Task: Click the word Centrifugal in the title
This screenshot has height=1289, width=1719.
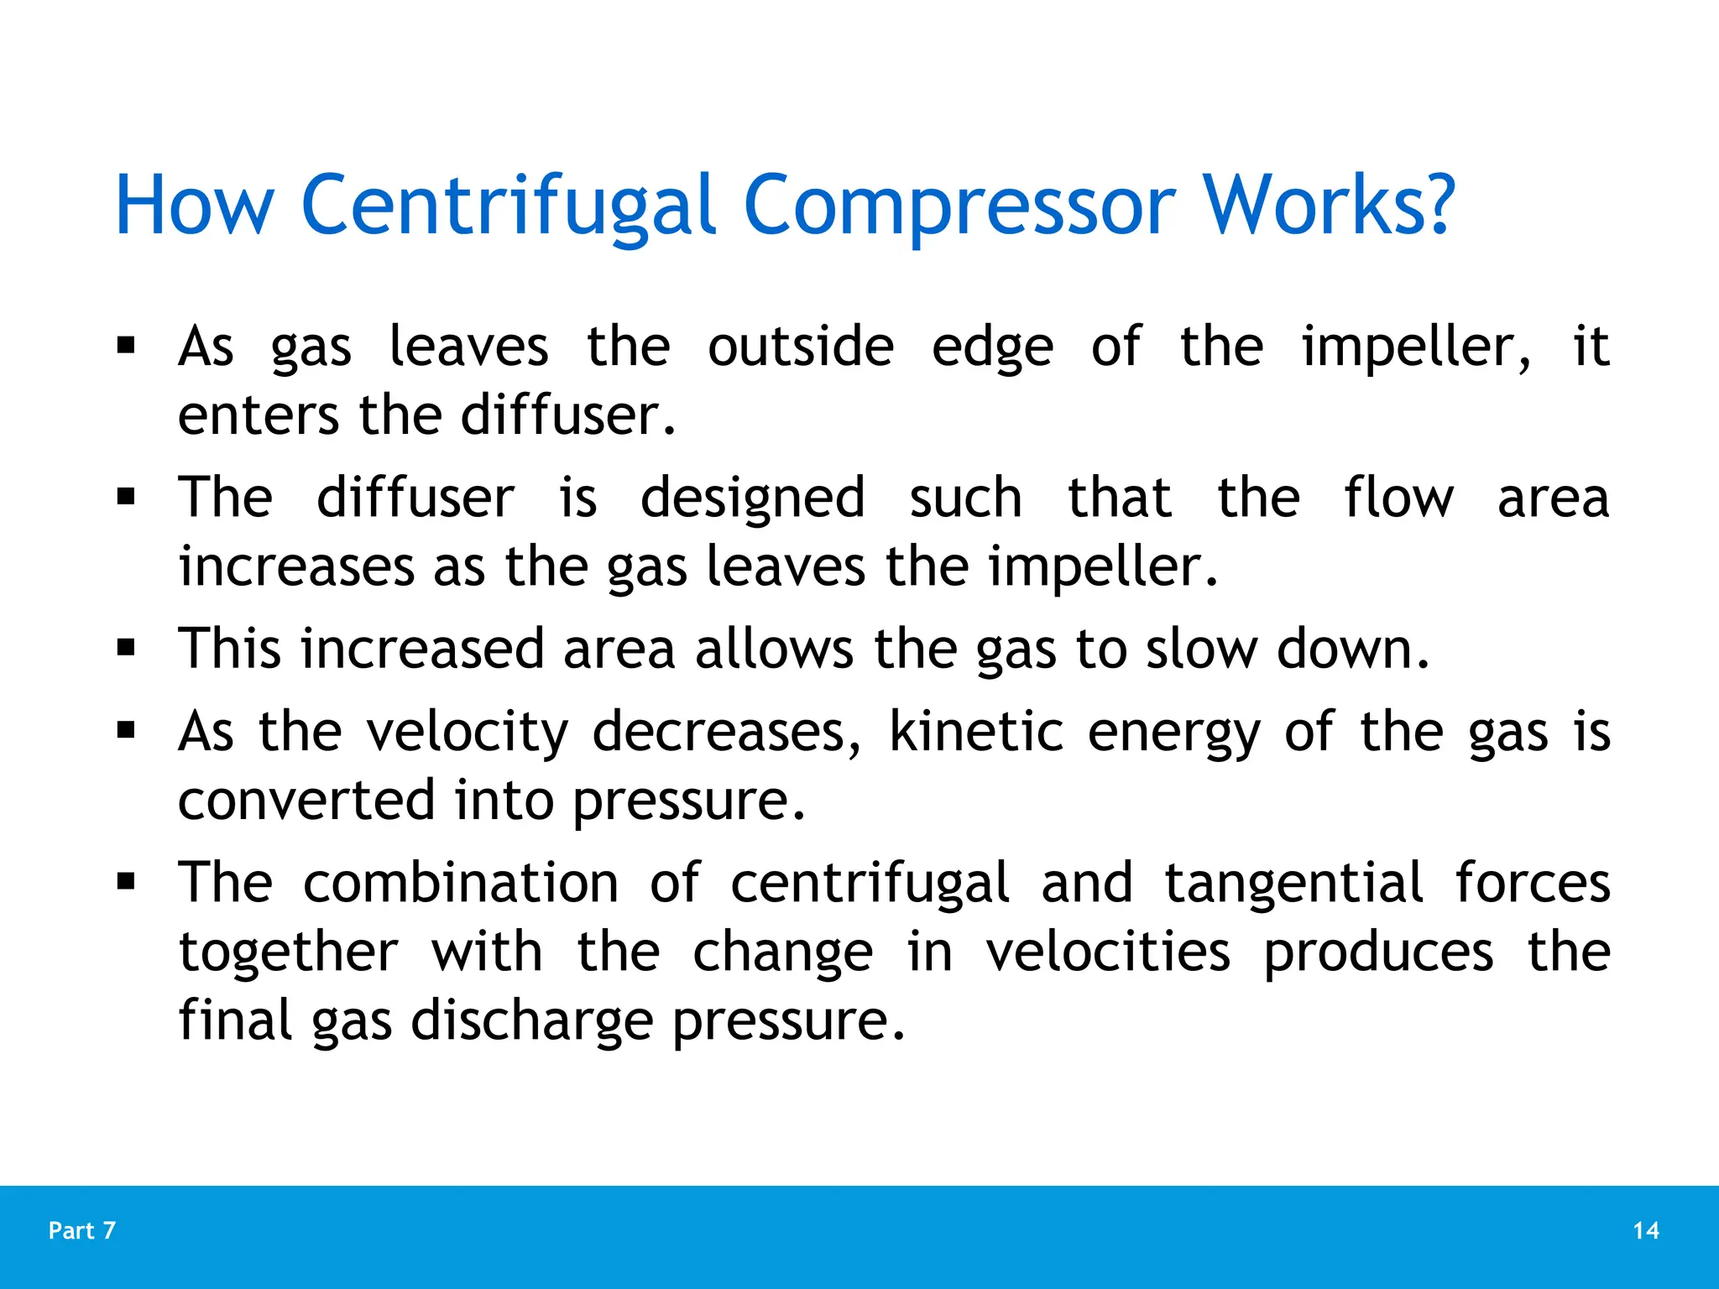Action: (x=508, y=206)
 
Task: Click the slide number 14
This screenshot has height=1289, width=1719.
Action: (x=1646, y=1230)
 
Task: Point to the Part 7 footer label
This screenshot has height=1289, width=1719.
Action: (x=82, y=1230)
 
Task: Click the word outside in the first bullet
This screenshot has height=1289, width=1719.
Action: (x=801, y=347)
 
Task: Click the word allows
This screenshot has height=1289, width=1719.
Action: (x=774, y=649)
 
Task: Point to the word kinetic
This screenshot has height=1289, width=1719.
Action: (x=976, y=731)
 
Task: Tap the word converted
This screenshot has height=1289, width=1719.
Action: (x=306, y=800)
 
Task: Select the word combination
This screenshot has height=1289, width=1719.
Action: (x=461, y=883)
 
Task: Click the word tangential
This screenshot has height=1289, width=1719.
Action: (x=1293, y=885)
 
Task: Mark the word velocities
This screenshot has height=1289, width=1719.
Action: (x=1108, y=952)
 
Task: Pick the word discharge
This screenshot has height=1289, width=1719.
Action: (x=532, y=1021)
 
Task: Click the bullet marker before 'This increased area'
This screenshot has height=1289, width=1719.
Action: (x=127, y=648)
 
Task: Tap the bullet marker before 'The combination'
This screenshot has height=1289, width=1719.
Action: (x=127, y=882)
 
